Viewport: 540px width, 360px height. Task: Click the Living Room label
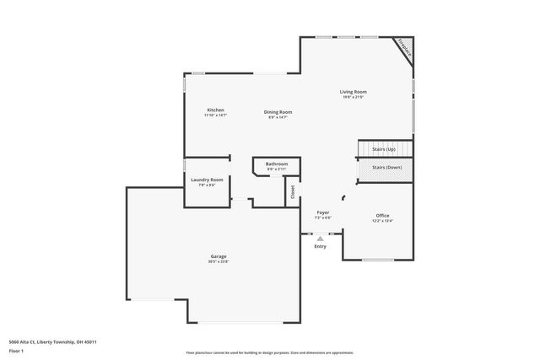[x=353, y=92]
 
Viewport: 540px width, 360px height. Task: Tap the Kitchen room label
[x=215, y=110]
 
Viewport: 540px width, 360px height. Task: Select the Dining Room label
[x=278, y=111]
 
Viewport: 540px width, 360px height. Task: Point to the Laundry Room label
[x=206, y=180]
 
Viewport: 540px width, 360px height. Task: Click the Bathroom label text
[x=277, y=164]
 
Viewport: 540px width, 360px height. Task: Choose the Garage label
[x=219, y=256]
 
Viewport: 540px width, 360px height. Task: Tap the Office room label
[x=382, y=216]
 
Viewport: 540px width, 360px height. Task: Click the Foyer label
[x=322, y=212]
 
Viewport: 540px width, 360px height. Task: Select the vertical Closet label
[x=293, y=191]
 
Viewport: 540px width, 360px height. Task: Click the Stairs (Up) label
[x=384, y=149]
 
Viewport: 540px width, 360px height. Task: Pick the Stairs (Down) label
[x=387, y=167]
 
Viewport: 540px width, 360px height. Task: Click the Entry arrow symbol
[x=320, y=239]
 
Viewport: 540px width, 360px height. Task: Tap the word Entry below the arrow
[x=320, y=247]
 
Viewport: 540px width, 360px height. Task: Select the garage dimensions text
[x=219, y=262]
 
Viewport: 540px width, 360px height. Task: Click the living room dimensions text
[x=353, y=98]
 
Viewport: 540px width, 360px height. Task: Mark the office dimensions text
[x=382, y=222]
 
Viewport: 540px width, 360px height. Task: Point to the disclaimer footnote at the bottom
[x=269, y=352]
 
